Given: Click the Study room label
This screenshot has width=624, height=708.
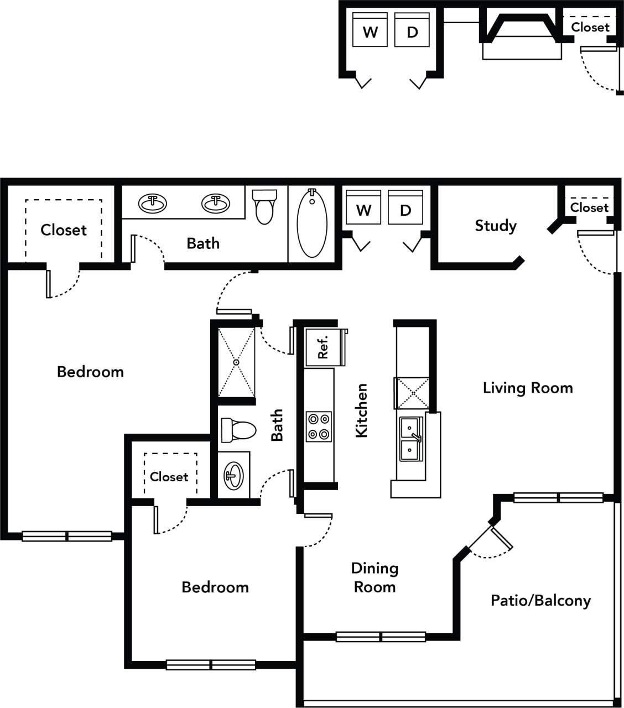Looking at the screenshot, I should [495, 226].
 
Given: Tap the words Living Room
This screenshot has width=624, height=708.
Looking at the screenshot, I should [527, 388].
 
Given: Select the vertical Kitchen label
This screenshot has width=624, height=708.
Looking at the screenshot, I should [361, 410].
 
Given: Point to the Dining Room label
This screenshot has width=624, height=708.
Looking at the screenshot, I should [375, 577].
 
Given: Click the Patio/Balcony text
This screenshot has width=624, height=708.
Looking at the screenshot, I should [540, 600].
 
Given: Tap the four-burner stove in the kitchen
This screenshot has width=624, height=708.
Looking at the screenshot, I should [319, 426].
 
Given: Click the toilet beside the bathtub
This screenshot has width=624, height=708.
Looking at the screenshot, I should [264, 205].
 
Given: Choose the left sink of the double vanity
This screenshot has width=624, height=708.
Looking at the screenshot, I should [152, 204].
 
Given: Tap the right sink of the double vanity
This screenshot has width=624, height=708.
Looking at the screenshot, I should [216, 204].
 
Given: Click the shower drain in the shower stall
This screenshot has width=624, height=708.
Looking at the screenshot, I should [236, 362].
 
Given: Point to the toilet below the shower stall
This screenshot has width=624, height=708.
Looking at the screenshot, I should [238, 430].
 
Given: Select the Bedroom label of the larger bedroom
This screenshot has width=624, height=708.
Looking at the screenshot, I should [90, 372].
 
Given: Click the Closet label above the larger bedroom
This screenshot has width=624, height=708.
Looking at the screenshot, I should [64, 230].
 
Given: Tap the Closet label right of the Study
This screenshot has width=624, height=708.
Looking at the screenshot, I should [589, 207].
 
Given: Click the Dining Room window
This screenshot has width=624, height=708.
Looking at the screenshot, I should [381, 637].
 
